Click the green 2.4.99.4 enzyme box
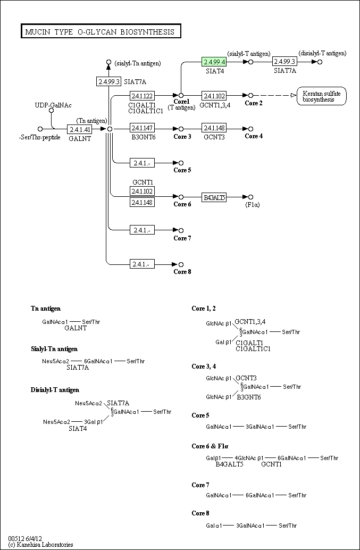[x=214, y=62]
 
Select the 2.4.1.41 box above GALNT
[x=80, y=129]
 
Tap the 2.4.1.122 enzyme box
[x=142, y=96]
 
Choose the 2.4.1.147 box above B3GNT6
[x=142, y=129]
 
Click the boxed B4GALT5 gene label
[x=214, y=197]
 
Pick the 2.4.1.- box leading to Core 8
[x=142, y=264]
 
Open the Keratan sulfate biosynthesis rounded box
[x=322, y=96]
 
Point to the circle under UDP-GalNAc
[x=52, y=111]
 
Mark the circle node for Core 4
[x=250, y=129]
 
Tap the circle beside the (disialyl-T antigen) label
[x=320, y=62]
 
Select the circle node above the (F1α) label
[x=250, y=197]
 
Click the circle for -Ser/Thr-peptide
[x=40, y=129]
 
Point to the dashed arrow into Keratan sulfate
[x=274, y=96]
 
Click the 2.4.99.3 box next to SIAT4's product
[x=284, y=62]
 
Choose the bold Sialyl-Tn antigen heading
[x=54, y=349]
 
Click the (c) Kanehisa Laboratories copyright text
[x=40, y=545]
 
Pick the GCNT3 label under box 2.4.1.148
[x=214, y=137]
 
